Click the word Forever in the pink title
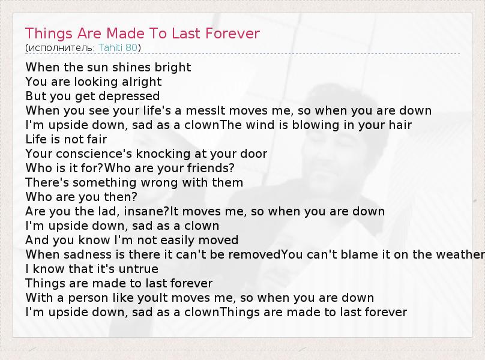coord(232,34)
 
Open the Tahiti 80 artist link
coord(118,47)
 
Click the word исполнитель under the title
coord(62,47)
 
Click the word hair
coord(400,125)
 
